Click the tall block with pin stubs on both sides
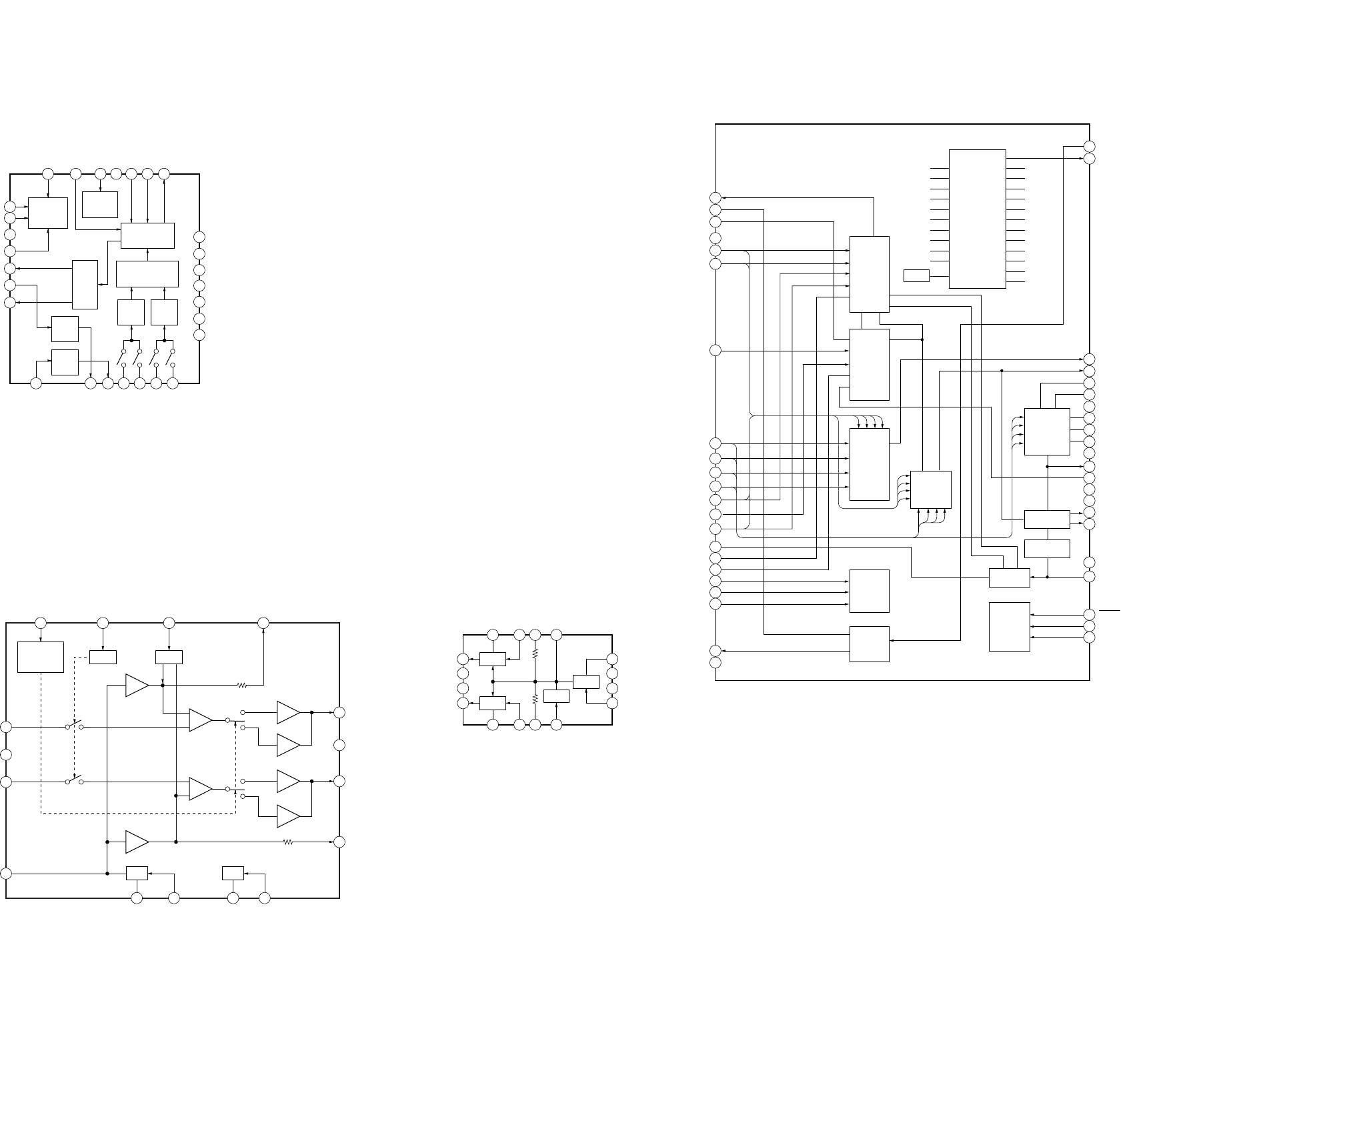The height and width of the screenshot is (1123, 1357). coord(977,219)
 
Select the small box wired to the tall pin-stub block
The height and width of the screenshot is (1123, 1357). coord(916,275)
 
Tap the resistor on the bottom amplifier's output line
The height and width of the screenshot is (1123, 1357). coord(288,842)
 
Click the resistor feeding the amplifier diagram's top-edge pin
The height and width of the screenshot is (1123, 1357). coord(242,685)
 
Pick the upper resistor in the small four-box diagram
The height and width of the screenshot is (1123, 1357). coord(535,655)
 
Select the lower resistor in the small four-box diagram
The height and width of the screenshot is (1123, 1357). coord(535,698)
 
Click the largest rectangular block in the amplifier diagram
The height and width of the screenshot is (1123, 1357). coord(41,658)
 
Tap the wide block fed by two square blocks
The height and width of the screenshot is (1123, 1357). coord(147,274)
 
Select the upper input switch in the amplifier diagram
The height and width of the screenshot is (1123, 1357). coord(75,726)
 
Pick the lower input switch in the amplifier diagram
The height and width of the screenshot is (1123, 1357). coord(75,780)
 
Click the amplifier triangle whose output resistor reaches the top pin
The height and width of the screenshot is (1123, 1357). coord(137,685)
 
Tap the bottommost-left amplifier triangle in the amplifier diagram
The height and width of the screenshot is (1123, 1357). coord(137,842)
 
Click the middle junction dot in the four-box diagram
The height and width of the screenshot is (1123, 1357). coord(535,682)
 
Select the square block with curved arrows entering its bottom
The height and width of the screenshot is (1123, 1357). coord(930,489)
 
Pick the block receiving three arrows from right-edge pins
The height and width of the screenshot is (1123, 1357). coord(1010,626)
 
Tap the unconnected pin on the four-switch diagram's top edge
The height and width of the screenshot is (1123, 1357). coord(116,174)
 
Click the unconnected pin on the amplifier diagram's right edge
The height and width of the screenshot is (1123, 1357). coord(339,745)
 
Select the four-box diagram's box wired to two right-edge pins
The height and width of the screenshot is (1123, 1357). coord(586,682)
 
